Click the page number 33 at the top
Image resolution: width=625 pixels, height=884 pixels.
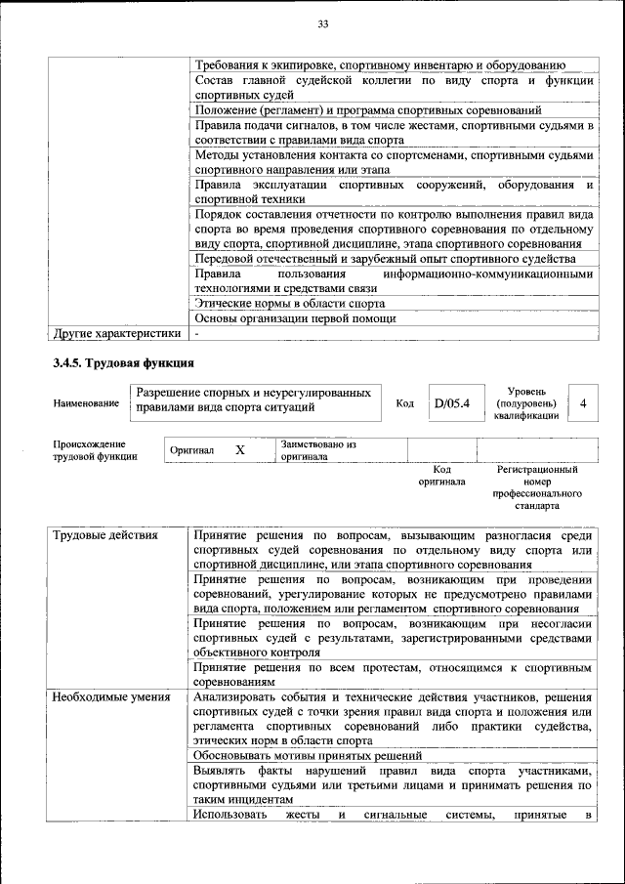323,23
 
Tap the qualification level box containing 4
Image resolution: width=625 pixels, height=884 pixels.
583,402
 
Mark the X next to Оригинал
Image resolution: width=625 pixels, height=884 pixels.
239,450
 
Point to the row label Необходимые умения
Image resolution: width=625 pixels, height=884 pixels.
111,696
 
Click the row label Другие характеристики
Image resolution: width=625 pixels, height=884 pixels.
117,333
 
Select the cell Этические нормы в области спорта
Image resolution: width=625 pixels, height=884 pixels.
290,303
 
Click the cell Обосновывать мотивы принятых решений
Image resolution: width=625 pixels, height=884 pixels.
308,755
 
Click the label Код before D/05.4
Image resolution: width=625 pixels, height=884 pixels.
404,403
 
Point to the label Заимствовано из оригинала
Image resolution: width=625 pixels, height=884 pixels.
318,449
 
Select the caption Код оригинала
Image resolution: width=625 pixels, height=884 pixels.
441,476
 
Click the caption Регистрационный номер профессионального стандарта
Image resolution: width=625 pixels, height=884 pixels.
536,488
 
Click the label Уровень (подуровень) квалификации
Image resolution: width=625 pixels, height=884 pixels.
526,402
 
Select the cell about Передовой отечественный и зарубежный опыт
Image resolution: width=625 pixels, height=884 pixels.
385,258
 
